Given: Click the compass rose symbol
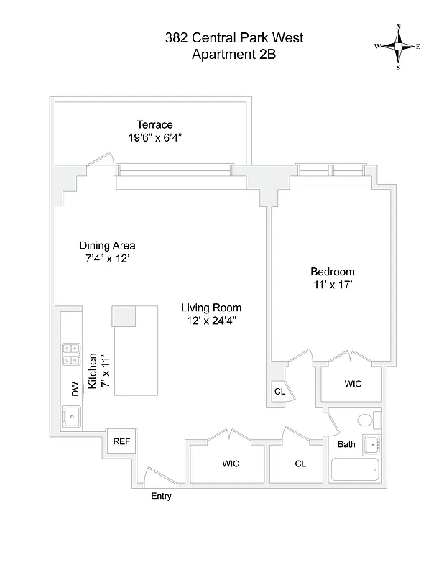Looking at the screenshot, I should tap(397, 47).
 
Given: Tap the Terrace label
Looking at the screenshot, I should tap(154, 124).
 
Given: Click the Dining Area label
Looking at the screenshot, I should tap(107, 245).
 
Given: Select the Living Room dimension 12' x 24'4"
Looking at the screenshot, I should tap(211, 321).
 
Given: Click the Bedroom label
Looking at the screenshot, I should tap(332, 272).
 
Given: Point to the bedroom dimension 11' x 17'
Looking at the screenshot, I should tap(332, 285).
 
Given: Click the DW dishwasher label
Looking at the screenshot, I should tap(75, 389).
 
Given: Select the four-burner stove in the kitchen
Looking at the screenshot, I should tap(71, 355).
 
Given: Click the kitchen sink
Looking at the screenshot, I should tap(72, 416).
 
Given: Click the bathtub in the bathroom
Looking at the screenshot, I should tap(354, 471).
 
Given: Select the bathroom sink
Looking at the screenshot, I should tap(371, 445).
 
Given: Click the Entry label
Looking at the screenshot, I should tap(161, 496).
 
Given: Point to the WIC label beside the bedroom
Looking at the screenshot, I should tap(353, 384).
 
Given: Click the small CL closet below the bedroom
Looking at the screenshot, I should tap(279, 392).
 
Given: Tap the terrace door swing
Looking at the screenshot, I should tap(101, 162).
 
